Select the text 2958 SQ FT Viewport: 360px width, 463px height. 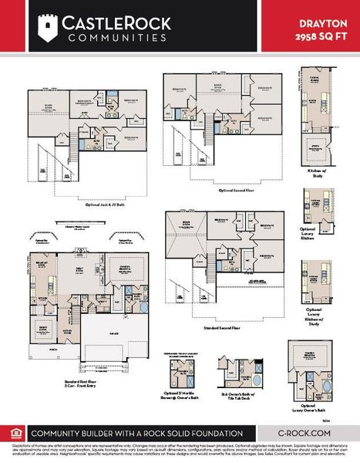tap(321, 35)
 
